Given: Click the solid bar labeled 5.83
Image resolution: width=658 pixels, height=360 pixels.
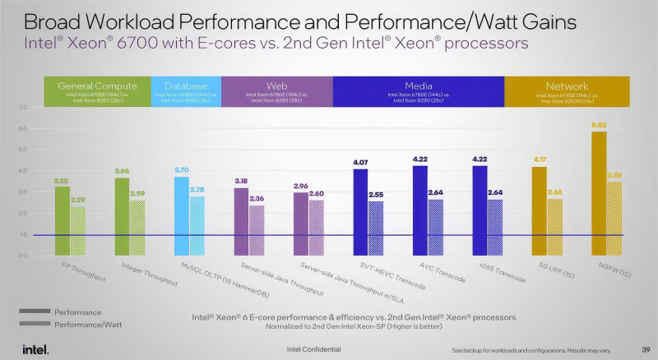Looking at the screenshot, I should (x=599, y=193).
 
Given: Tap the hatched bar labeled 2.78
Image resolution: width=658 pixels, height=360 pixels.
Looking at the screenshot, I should (x=197, y=225).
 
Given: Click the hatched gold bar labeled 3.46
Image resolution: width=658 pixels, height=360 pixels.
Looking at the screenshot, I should (x=614, y=218).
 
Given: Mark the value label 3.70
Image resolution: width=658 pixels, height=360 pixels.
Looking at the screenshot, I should (x=182, y=170).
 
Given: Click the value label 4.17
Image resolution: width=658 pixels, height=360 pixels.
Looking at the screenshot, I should (x=540, y=159).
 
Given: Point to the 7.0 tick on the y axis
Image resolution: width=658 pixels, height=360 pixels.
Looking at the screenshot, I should (x=23, y=108).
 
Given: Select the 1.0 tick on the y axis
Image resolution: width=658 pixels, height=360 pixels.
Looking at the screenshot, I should (x=23, y=234).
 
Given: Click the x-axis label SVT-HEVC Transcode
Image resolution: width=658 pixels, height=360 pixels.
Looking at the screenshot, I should (x=393, y=277).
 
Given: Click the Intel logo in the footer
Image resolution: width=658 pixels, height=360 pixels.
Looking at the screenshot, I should (x=35, y=348).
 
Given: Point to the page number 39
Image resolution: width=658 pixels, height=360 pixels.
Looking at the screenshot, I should (x=646, y=348).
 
